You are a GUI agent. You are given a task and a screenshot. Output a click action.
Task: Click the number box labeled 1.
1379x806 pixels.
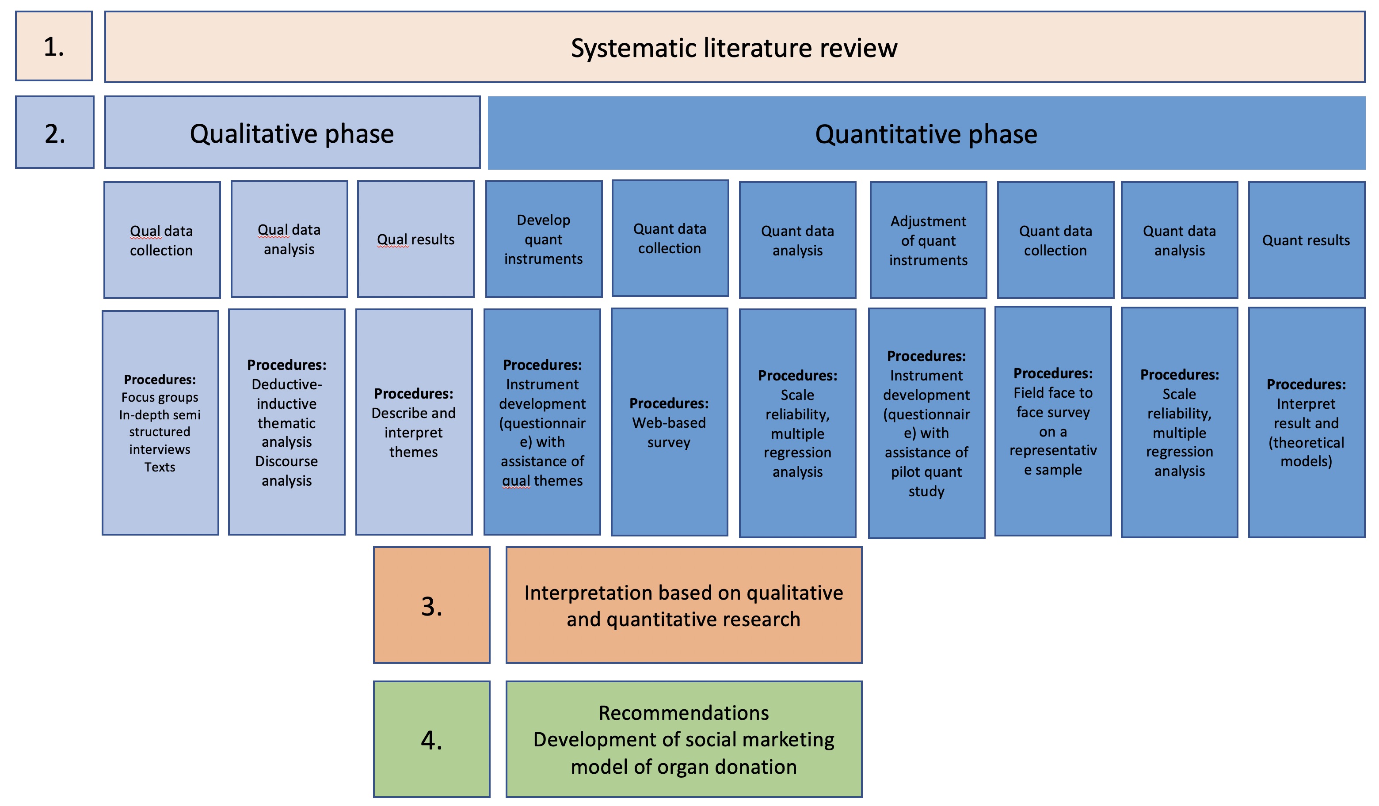pyautogui.click(x=53, y=46)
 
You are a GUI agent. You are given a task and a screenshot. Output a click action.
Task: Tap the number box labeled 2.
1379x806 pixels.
pyautogui.click(x=55, y=133)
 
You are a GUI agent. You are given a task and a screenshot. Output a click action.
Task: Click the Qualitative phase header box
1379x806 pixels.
pyautogui.click(x=292, y=133)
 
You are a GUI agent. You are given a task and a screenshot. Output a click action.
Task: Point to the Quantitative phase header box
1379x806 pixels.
pyautogui.click(x=926, y=133)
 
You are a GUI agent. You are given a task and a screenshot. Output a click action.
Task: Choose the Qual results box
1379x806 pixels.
pyautogui.click(x=416, y=239)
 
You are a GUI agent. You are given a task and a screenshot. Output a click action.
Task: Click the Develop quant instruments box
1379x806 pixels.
pyautogui.click(x=543, y=239)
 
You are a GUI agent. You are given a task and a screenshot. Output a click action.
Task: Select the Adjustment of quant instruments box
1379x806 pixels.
pyautogui.click(x=928, y=240)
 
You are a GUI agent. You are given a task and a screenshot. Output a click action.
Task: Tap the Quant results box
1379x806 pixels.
pyautogui.click(x=1306, y=240)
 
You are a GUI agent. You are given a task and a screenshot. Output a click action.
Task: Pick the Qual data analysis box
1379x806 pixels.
pyautogui.click(x=289, y=239)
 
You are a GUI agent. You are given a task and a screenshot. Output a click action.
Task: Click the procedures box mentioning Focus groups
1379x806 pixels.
pyautogui.click(x=160, y=422)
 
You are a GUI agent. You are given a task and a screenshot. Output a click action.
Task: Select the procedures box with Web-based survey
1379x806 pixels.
pyautogui.click(x=669, y=422)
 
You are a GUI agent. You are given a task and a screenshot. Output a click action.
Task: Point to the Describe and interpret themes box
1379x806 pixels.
pyautogui.click(x=414, y=422)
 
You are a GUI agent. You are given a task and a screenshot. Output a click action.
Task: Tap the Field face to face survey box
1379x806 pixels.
pyautogui.click(x=1053, y=421)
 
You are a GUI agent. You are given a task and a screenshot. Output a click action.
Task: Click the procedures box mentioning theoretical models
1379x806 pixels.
pyautogui.click(x=1306, y=422)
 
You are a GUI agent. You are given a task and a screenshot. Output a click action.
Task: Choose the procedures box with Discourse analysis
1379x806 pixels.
pyautogui.click(x=287, y=422)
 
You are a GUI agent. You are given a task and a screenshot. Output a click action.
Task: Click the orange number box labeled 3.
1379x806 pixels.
pyautogui.click(x=432, y=605)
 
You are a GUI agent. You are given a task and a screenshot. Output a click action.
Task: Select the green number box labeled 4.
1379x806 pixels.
pyautogui.click(x=432, y=739)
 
